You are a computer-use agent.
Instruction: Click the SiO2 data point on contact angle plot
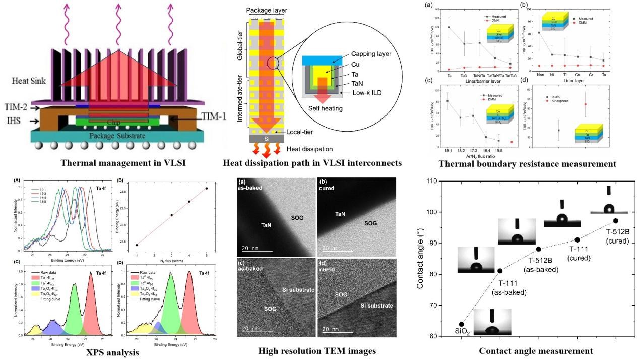pos(461,324)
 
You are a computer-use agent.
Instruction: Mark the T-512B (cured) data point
pos(616,221)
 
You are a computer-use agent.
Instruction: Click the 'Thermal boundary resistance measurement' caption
pos(527,164)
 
